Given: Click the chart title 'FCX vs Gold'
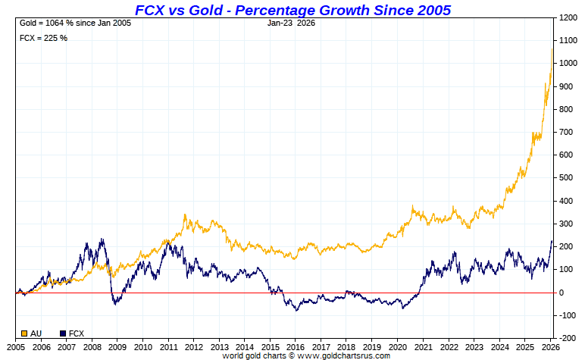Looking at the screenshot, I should click(x=292, y=10).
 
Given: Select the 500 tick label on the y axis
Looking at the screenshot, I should click(x=565, y=178).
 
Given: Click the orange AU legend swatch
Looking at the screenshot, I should click(x=25, y=333).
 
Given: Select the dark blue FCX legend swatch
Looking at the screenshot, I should click(x=63, y=333).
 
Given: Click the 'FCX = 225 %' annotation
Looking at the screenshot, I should click(x=43, y=38).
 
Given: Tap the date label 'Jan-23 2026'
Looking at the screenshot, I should click(x=291, y=23).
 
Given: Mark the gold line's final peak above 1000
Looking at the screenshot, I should click(x=552, y=49).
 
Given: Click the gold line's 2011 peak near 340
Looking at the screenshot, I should click(x=185, y=215).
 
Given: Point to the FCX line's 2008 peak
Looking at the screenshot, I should click(x=102, y=239).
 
